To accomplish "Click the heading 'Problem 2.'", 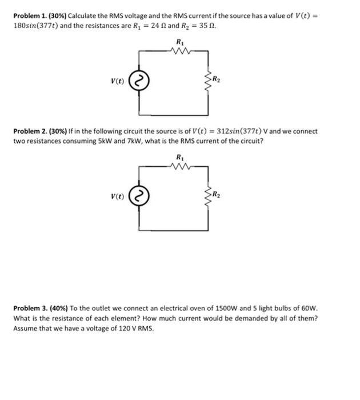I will (x=31, y=131).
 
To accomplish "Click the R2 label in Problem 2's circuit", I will (x=216, y=195).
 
